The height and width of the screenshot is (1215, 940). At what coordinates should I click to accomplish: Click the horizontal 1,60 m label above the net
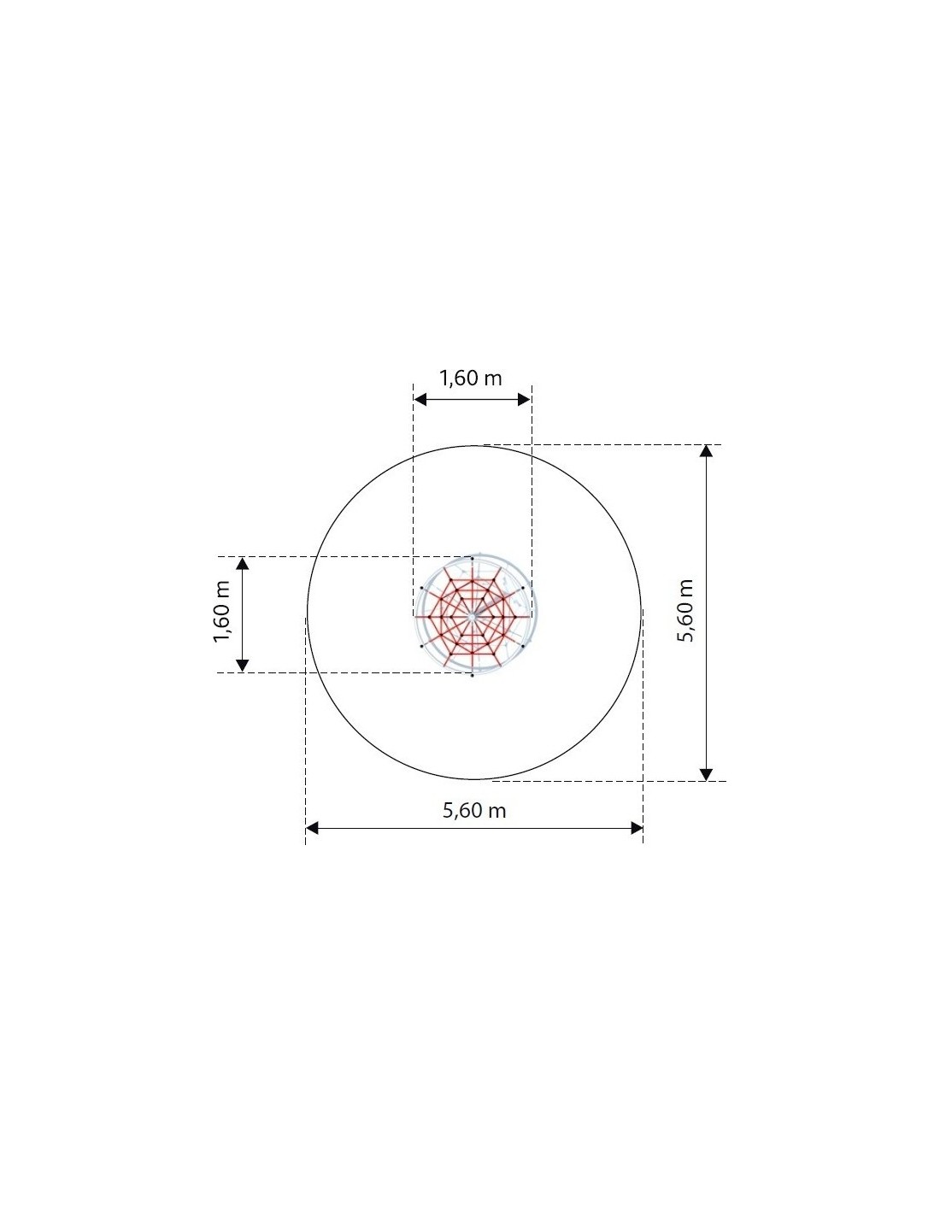pyautogui.click(x=470, y=379)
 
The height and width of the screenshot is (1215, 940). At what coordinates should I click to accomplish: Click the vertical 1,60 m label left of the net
pyautogui.click(x=222, y=612)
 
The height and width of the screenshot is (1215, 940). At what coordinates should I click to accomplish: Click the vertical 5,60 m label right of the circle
pyautogui.click(x=685, y=610)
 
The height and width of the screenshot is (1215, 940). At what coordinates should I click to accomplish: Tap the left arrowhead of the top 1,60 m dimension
pyautogui.click(x=420, y=399)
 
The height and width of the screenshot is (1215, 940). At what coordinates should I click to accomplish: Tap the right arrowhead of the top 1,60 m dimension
pyautogui.click(x=524, y=399)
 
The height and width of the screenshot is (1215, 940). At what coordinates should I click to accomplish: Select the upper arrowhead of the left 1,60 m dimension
pyautogui.click(x=242, y=563)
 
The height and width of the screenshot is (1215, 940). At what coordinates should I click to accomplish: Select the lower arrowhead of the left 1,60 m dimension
pyautogui.click(x=242, y=665)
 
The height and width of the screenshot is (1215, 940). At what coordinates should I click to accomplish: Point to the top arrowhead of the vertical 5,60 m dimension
pyautogui.click(x=706, y=450)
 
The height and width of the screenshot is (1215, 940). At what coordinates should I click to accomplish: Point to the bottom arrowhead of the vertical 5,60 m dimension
pyautogui.click(x=706, y=774)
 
